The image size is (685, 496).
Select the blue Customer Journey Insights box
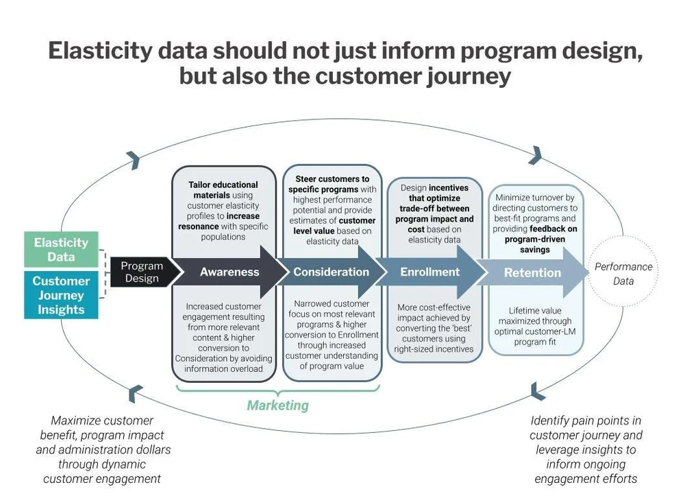coord(61,296)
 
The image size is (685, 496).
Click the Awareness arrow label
coord(229,272)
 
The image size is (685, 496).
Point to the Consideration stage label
coord(332,272)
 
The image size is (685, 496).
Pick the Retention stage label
coord(532,272)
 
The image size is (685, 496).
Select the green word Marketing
coord(277,405)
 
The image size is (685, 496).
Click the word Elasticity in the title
coord(103,52)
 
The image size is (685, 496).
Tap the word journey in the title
coord(464,75)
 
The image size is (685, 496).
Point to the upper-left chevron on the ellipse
coord(134,159)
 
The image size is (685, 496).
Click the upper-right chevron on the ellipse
coord(535,154)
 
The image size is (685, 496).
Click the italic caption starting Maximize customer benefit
coord(103,449)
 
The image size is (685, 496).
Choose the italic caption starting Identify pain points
coord(586,449)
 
